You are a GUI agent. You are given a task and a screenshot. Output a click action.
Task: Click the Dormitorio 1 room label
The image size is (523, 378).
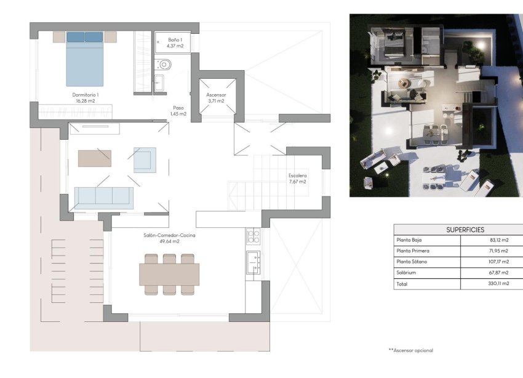[86, 98]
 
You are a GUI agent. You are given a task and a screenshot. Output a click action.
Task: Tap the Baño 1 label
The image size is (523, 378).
[175, 42]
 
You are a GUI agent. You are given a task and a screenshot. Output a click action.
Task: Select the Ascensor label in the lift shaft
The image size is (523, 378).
[216, 98]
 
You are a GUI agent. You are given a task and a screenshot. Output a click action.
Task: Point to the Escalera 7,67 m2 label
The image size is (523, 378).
[297, 179]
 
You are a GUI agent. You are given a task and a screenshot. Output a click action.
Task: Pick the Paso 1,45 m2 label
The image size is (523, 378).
[178, 111]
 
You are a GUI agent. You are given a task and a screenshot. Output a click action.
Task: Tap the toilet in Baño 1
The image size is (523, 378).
[164, 63]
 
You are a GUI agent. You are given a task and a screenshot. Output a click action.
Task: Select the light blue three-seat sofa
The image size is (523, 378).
[103, 197]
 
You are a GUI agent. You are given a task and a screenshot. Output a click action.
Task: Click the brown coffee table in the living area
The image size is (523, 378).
[94, 158]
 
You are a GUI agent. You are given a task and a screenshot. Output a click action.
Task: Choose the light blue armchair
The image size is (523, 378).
[145, 159]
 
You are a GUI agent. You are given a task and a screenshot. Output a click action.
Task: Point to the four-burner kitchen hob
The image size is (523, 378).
[253, 236]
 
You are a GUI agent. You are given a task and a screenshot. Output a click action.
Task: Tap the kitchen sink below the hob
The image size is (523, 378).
[252, 263]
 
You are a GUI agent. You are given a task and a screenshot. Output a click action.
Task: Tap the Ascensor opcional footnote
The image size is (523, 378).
[410, 350]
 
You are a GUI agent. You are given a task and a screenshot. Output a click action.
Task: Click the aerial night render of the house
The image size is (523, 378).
[436, 105]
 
